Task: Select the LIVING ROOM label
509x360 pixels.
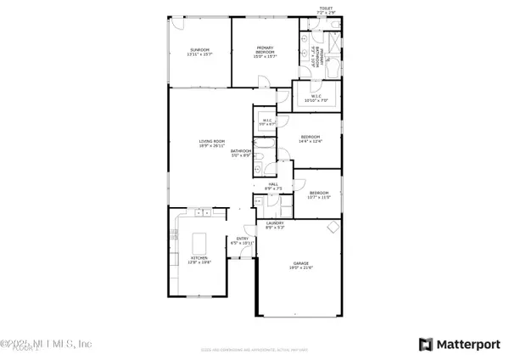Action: pos(212,143)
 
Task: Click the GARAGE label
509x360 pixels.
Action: pos(301,266)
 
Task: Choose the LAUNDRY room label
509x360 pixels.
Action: pos(275,225)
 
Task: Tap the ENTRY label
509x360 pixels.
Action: pos(243,241)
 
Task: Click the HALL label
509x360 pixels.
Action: pos(273,186)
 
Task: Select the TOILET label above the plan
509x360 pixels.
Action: pos(326,10)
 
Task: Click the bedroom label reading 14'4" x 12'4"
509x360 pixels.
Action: pos(310,139)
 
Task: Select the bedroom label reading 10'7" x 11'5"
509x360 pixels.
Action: pos(319,194)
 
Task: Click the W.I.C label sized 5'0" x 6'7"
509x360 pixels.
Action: pos(266,122)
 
